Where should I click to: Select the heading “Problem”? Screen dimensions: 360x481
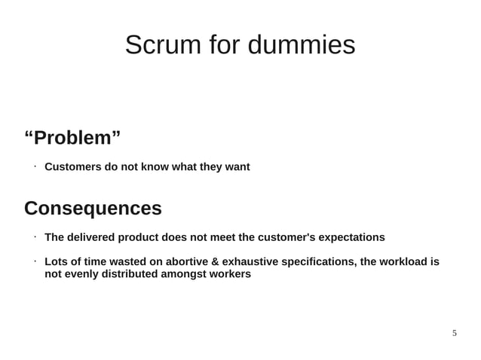tap(72, 139)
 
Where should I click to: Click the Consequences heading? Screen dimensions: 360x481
tap(93, 208)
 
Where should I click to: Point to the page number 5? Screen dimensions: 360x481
tap(454, 333)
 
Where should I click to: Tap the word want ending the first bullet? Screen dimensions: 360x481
tap(236, 166)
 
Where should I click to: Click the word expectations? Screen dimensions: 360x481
tap(351, 237)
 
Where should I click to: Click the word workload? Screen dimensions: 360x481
tap(403, 261)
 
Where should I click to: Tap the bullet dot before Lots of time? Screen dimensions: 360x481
tap(35, 261)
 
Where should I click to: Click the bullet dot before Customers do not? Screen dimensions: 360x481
tap(35, 166)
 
